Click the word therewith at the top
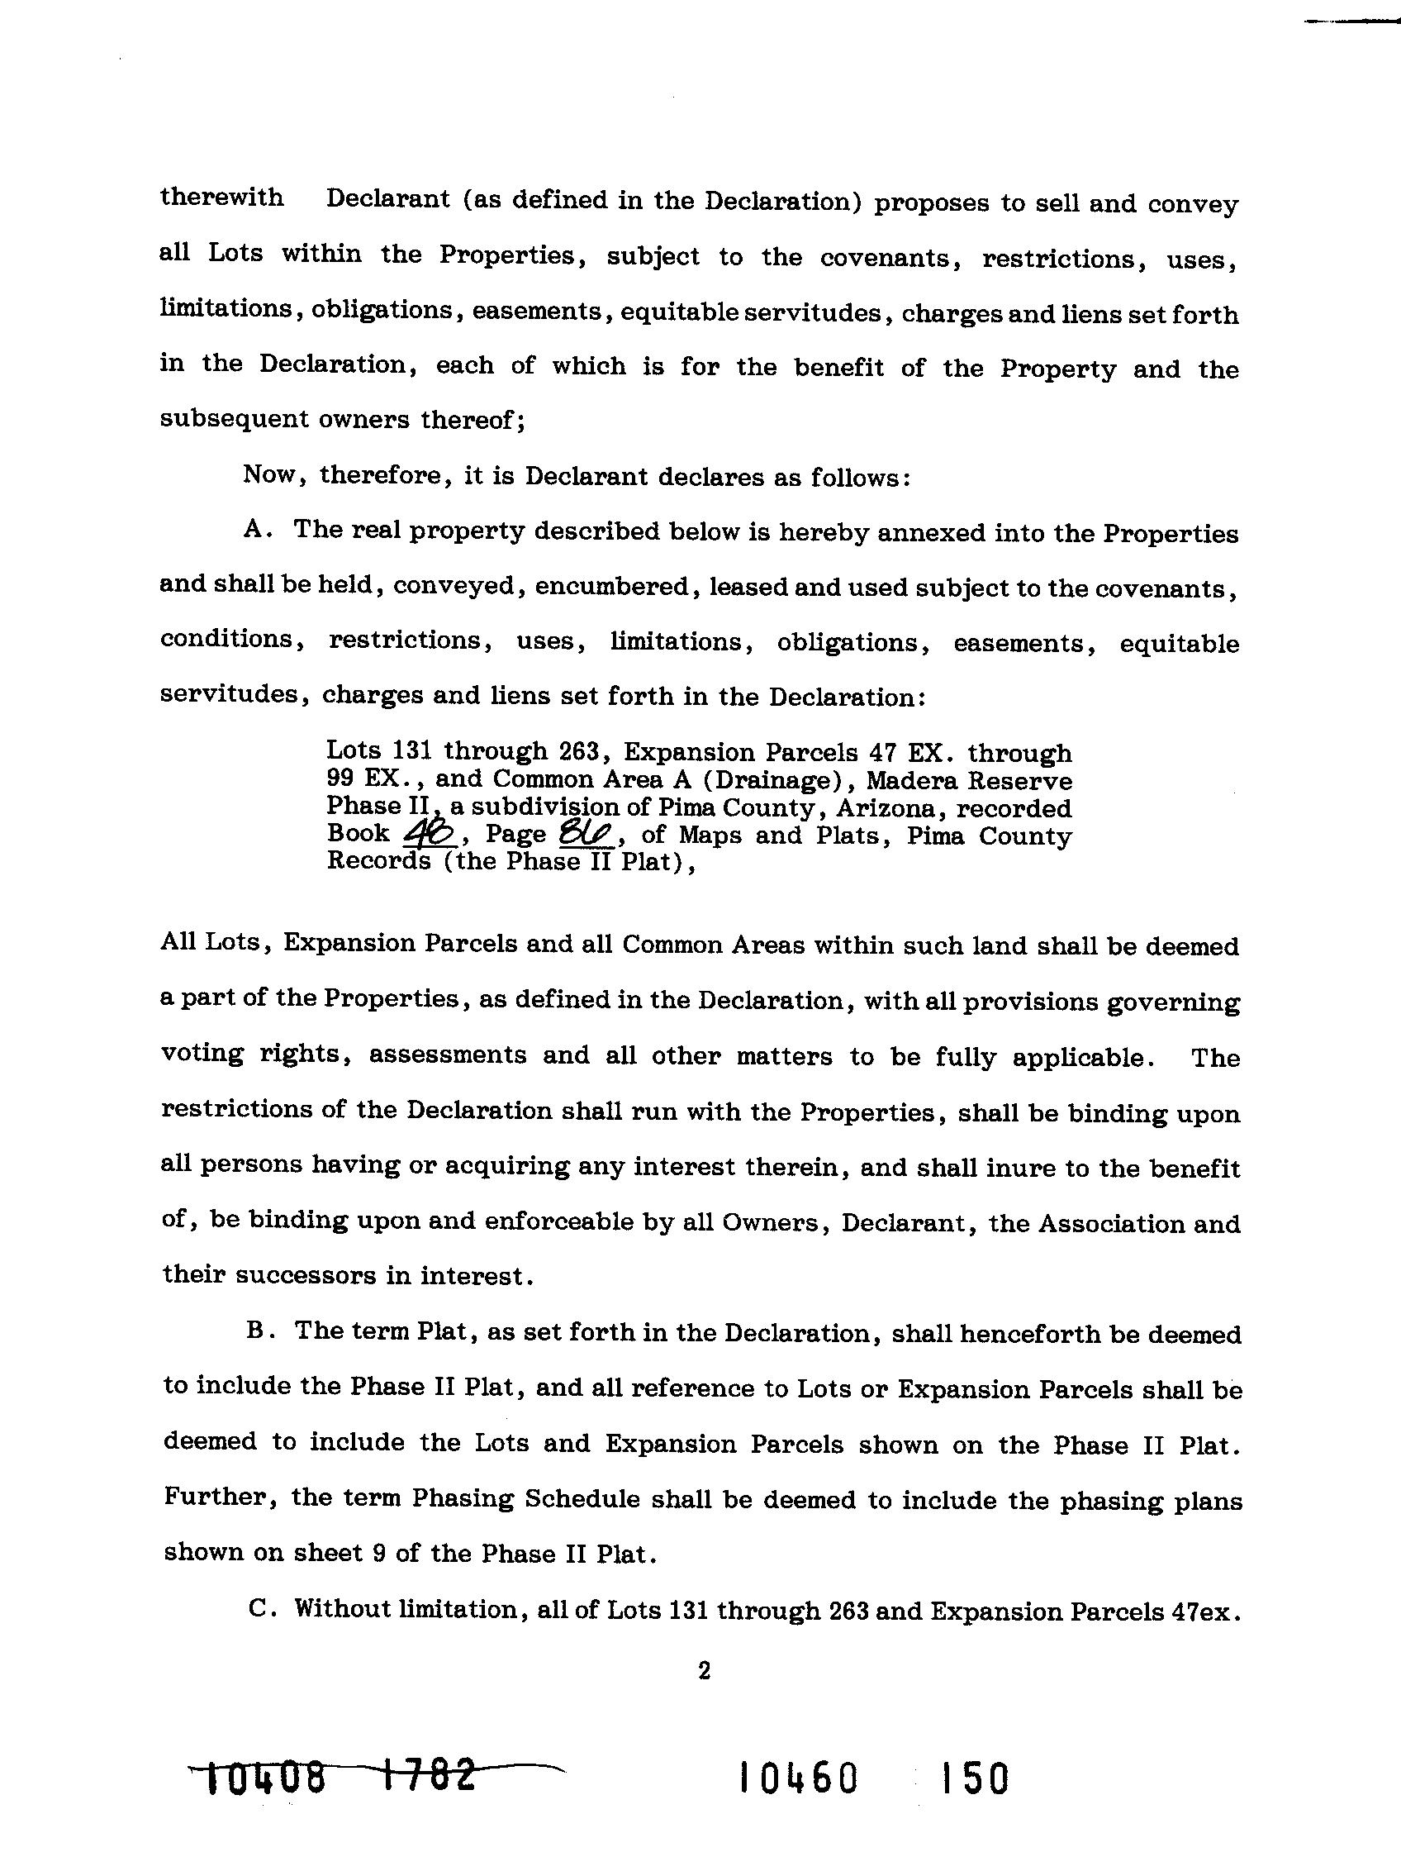click(x=221, y=198)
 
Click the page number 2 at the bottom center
click(x=704, y=1670)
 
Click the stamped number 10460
click(x=799, y=1778)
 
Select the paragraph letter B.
click(x=257, y=1331)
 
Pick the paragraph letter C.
click(x=259, y=1609)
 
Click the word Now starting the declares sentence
click(x=269, y=474)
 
